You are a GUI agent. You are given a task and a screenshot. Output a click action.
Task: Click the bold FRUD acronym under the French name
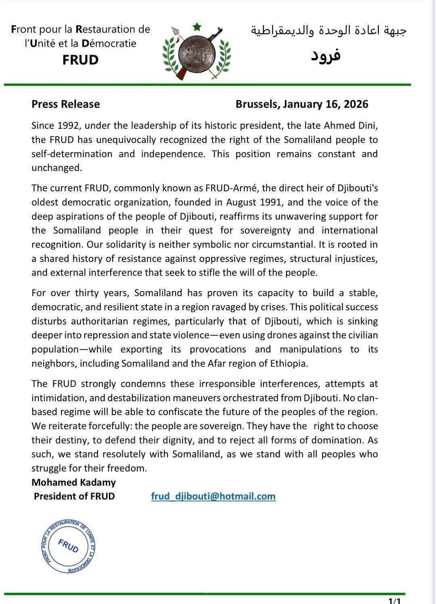(81, 60)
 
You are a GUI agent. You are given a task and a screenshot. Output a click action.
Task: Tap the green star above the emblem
(197, 27)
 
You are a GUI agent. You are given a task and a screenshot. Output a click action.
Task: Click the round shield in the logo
(197, 54)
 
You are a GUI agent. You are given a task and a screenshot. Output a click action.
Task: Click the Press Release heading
(65, 104)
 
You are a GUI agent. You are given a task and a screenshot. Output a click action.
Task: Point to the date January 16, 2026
(326, 104)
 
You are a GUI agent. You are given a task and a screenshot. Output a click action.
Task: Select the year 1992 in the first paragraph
(70, 126)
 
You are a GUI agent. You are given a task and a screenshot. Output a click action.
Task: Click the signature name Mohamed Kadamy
(73, 482)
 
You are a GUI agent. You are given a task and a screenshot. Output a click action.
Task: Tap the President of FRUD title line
(74, 496)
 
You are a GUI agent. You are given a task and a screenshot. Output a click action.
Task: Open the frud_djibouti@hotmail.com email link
(213, 496)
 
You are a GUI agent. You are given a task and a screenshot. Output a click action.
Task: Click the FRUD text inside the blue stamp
(69, 546)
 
